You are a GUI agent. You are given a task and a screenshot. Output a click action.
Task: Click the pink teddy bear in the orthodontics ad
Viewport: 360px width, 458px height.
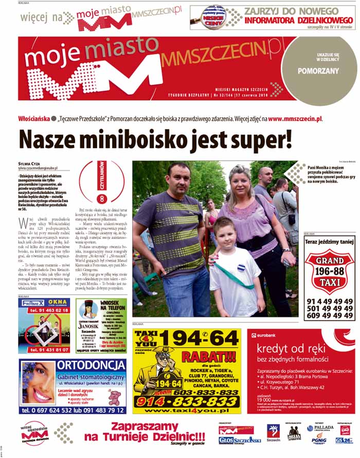[114, 397]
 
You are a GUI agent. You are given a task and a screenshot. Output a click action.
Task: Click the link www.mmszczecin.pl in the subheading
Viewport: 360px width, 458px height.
[296, 118]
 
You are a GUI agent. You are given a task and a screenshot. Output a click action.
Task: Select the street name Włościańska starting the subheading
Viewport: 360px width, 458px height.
[34, 118]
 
